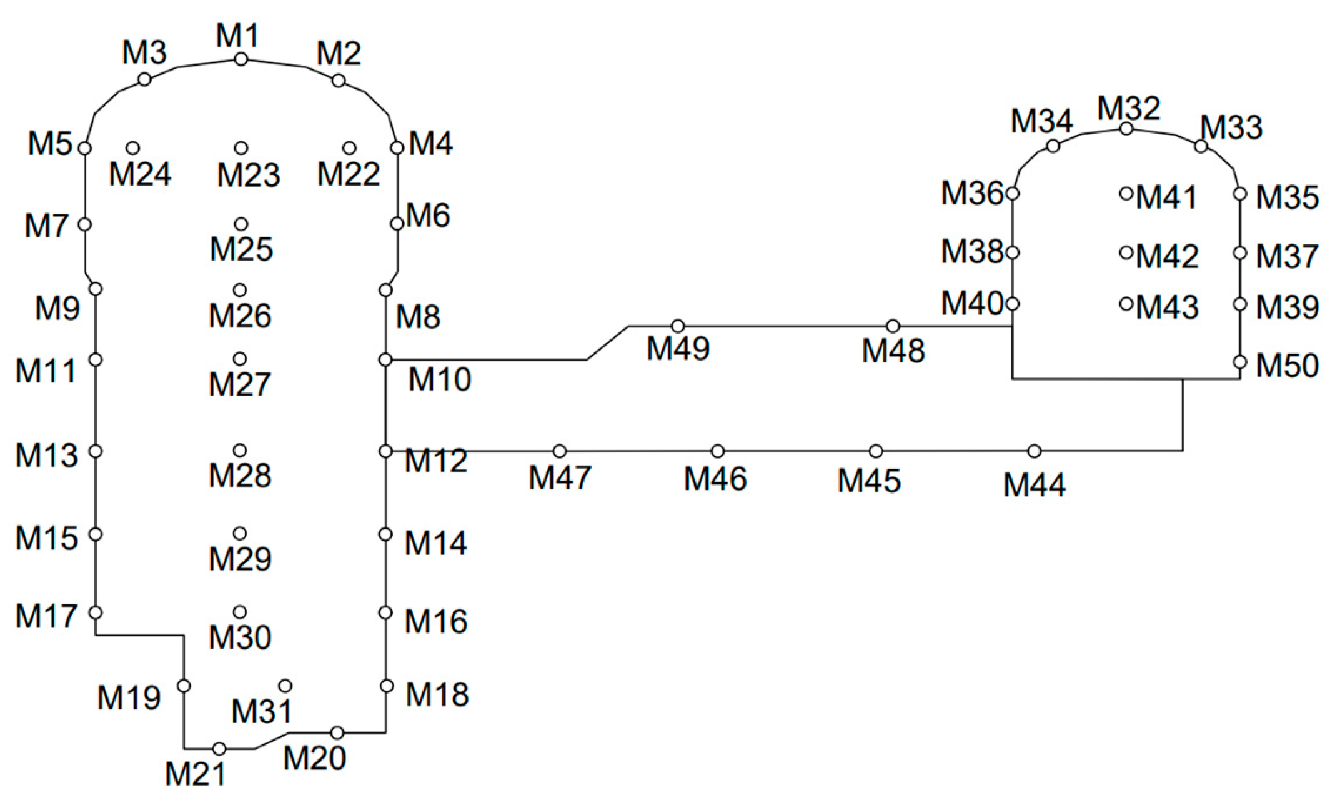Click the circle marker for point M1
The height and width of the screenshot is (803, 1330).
[241, 59]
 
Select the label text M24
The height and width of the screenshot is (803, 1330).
[140, 174]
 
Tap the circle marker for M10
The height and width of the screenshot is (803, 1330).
[385, 360]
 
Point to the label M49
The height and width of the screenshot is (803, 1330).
[678, 348]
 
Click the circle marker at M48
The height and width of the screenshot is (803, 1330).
[893, 326]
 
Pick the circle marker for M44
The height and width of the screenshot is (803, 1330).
[1035, 451]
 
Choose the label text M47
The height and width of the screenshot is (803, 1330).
[560, 478]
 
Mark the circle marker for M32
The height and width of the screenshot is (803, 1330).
[1126, 129]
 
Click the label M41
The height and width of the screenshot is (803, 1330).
[1166, 197]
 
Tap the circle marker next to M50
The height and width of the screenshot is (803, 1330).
[1241, 362]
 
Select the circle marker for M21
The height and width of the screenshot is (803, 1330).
[219, 749]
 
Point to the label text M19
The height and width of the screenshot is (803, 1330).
[129, 697]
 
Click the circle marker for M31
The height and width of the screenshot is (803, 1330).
[285, 686]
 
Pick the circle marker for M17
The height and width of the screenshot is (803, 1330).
[96, 612]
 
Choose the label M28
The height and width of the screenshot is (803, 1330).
[240, 476]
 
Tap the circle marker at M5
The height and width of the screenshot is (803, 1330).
[84, 148]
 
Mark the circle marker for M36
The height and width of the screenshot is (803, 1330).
[1013, 194]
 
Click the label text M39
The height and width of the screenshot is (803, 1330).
[1287, 307]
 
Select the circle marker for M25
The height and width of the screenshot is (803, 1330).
[241, 224]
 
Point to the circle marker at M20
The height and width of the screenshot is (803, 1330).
[337, 733]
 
